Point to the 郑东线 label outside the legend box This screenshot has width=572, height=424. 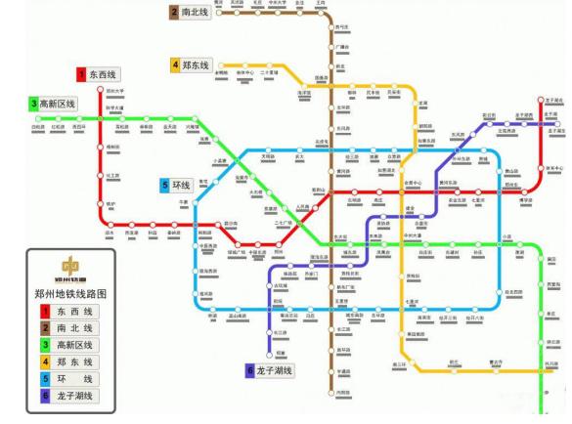(x=196, y=64)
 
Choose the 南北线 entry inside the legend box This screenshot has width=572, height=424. (x=75, y=327)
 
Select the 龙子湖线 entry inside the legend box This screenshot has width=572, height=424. (x=75, y=396)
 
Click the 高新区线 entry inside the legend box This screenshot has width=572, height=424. (x=75, y=344)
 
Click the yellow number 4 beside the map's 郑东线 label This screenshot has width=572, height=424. (x=175, y=64)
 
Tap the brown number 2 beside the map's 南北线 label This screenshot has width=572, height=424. (x=173, y=12)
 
